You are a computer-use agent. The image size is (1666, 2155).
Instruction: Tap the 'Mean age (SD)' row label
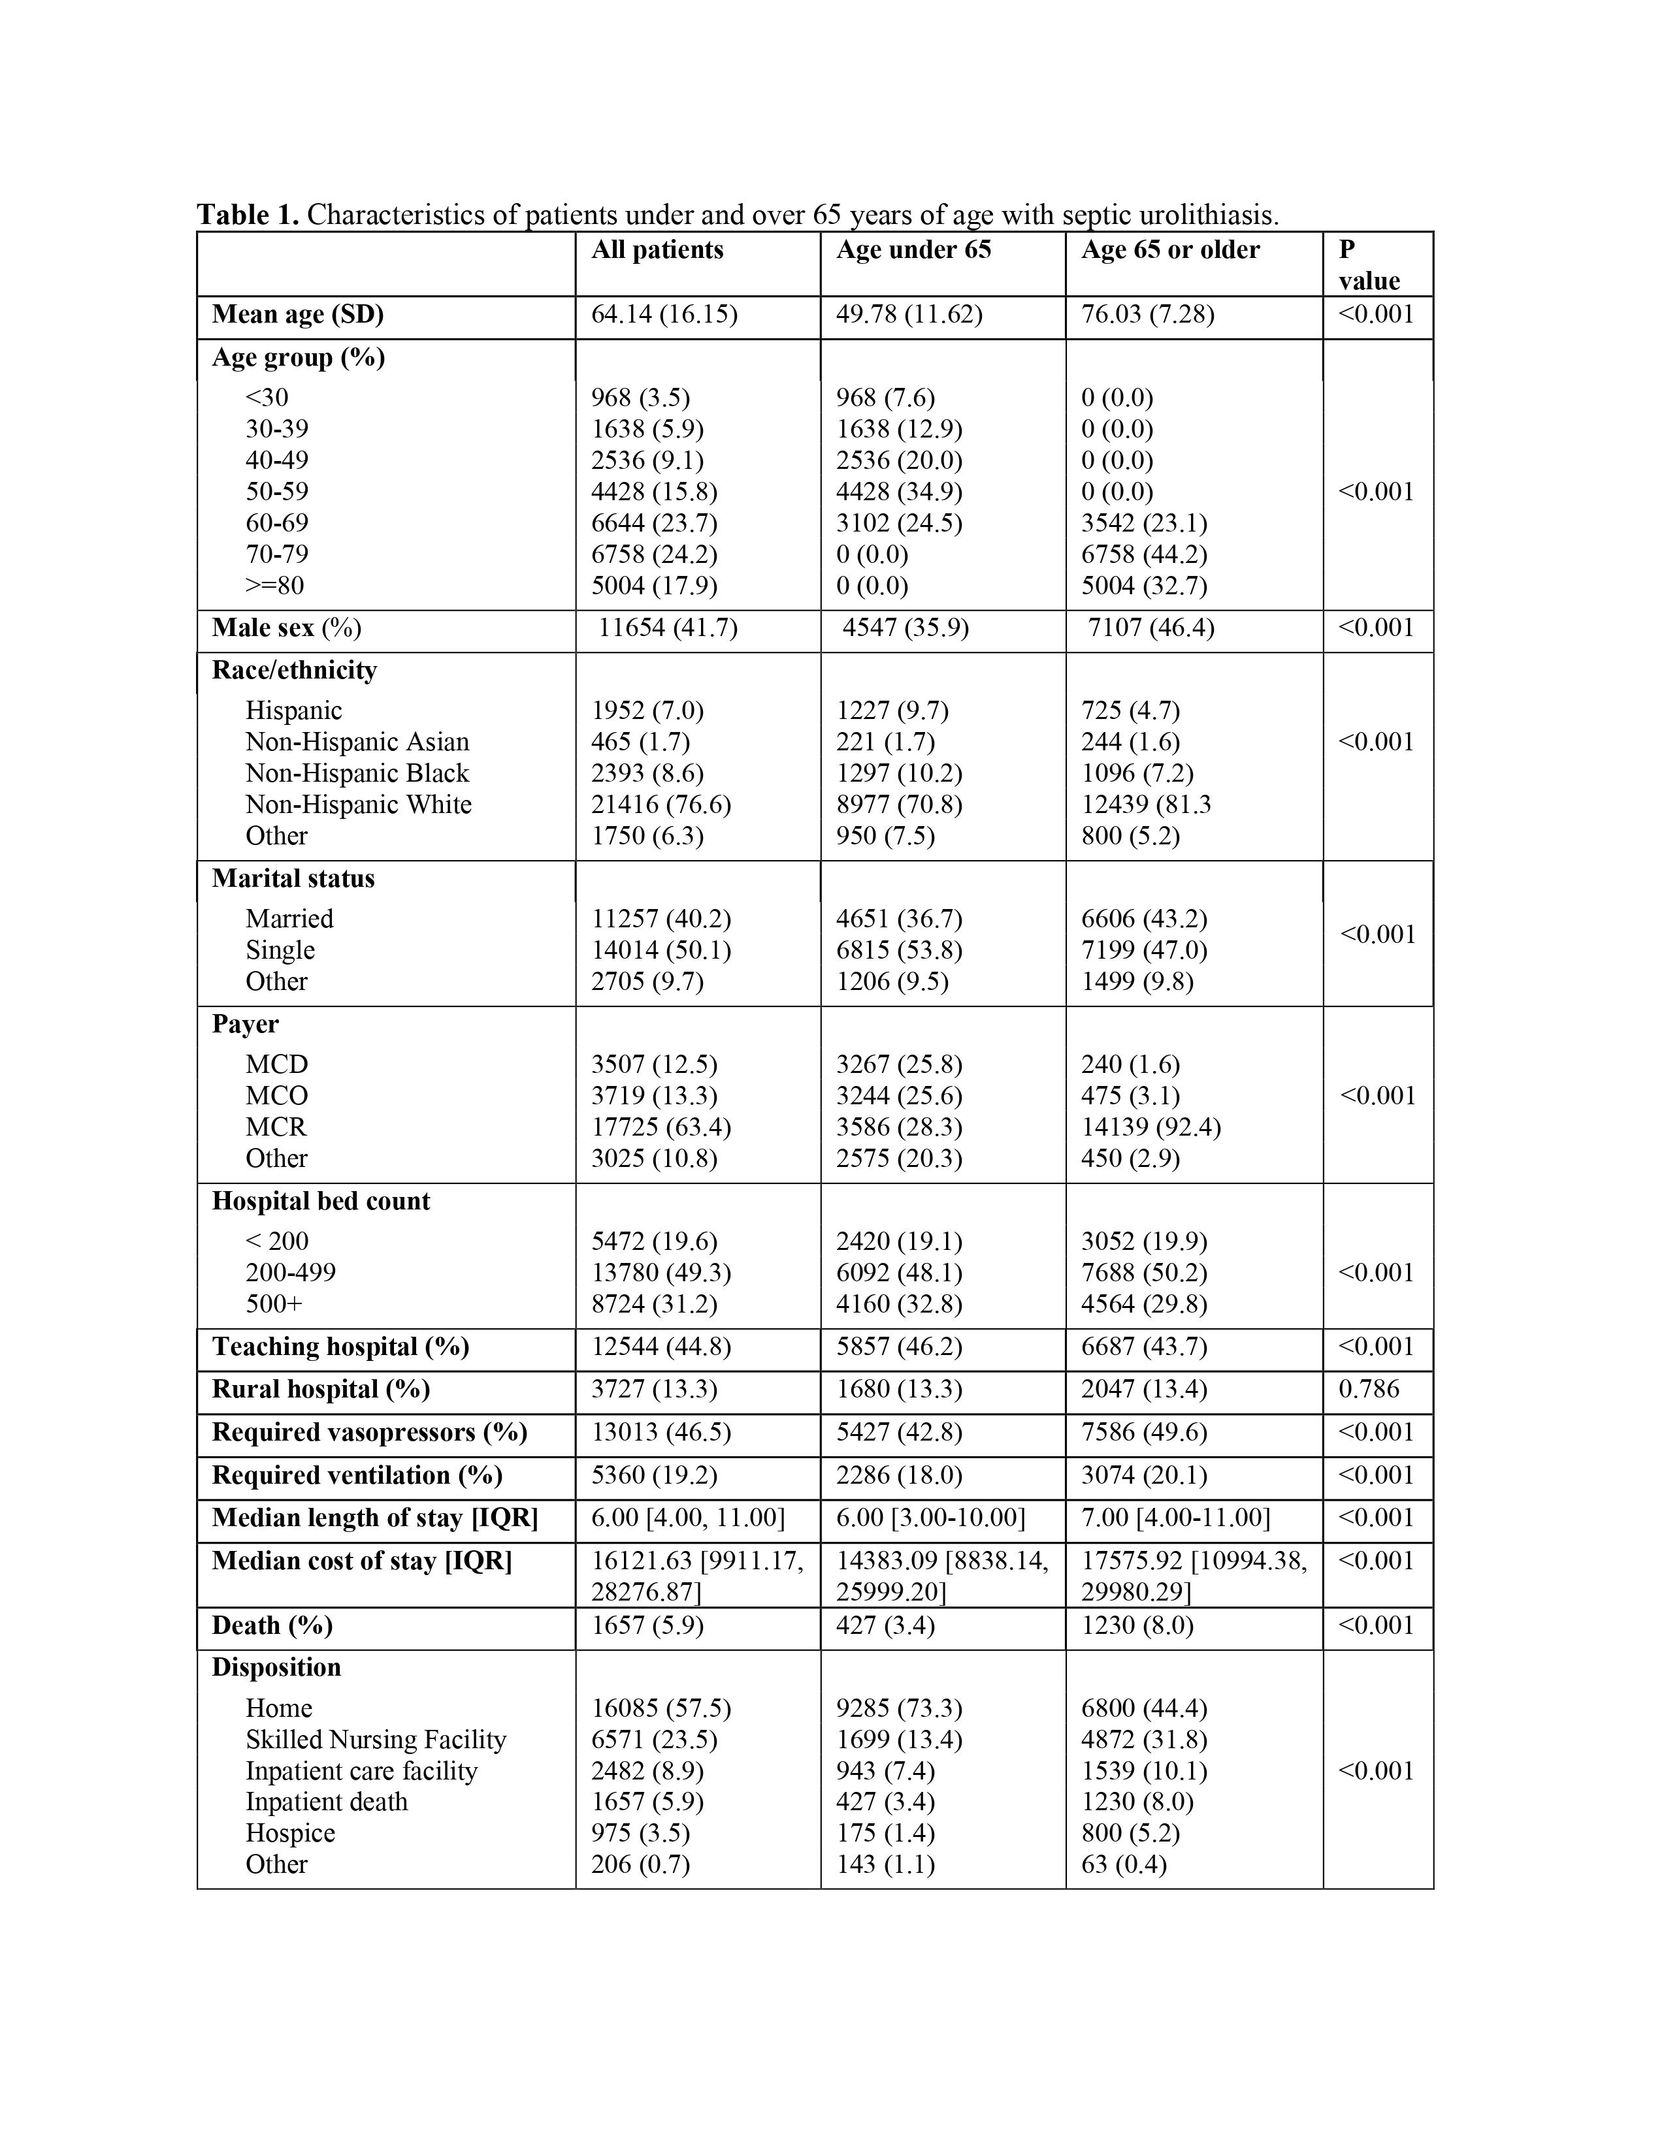[x=297, y=315]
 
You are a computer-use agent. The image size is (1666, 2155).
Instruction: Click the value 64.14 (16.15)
[x=664, y=315]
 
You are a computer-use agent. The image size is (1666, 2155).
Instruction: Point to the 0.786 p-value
[x=1368, y=1389]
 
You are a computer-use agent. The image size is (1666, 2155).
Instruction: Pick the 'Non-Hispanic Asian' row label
[x=357, y=742]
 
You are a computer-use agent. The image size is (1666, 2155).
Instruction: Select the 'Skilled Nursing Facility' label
[x=376, y=1740]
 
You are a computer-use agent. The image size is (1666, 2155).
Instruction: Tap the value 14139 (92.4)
[x=1151, y=1127]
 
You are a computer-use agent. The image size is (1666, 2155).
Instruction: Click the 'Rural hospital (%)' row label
[x=321, y=1389]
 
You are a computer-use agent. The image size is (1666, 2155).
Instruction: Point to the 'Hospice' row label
[x=290, y=1833]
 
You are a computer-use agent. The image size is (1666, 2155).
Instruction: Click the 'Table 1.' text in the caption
[x=248, y=215]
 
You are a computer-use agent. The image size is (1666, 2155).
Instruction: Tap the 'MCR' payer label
[x=276, y=1127]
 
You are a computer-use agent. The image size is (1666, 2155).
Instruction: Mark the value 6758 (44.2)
[x=1144, y=554]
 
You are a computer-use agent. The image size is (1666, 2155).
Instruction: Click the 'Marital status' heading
[x=293, y=878]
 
